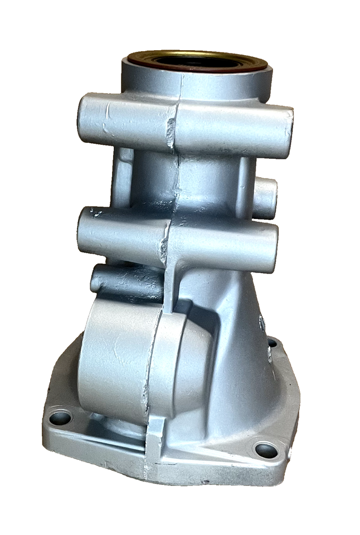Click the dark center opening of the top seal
tap(198, 62)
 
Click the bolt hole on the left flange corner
tap(60, 417)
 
